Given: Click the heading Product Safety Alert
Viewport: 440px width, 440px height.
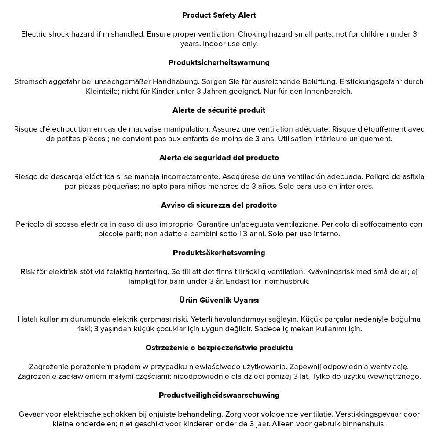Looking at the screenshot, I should [219, 15].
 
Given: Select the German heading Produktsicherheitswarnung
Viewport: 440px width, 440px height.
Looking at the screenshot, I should [219, 62].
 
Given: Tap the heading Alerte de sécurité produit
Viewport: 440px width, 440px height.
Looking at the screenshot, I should [219, 110].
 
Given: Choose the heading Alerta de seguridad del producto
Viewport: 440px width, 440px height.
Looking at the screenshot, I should [219, 158].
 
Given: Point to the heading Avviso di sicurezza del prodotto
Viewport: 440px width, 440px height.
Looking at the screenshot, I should [219, 205].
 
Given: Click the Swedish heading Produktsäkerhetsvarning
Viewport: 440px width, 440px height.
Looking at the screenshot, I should [219, 253].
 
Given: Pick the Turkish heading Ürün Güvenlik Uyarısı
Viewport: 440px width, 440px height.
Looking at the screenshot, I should [219, 300].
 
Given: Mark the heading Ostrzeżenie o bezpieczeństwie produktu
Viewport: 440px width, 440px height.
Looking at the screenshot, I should [219, 348].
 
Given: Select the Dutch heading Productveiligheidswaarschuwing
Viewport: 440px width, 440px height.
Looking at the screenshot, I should [219, 395].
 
